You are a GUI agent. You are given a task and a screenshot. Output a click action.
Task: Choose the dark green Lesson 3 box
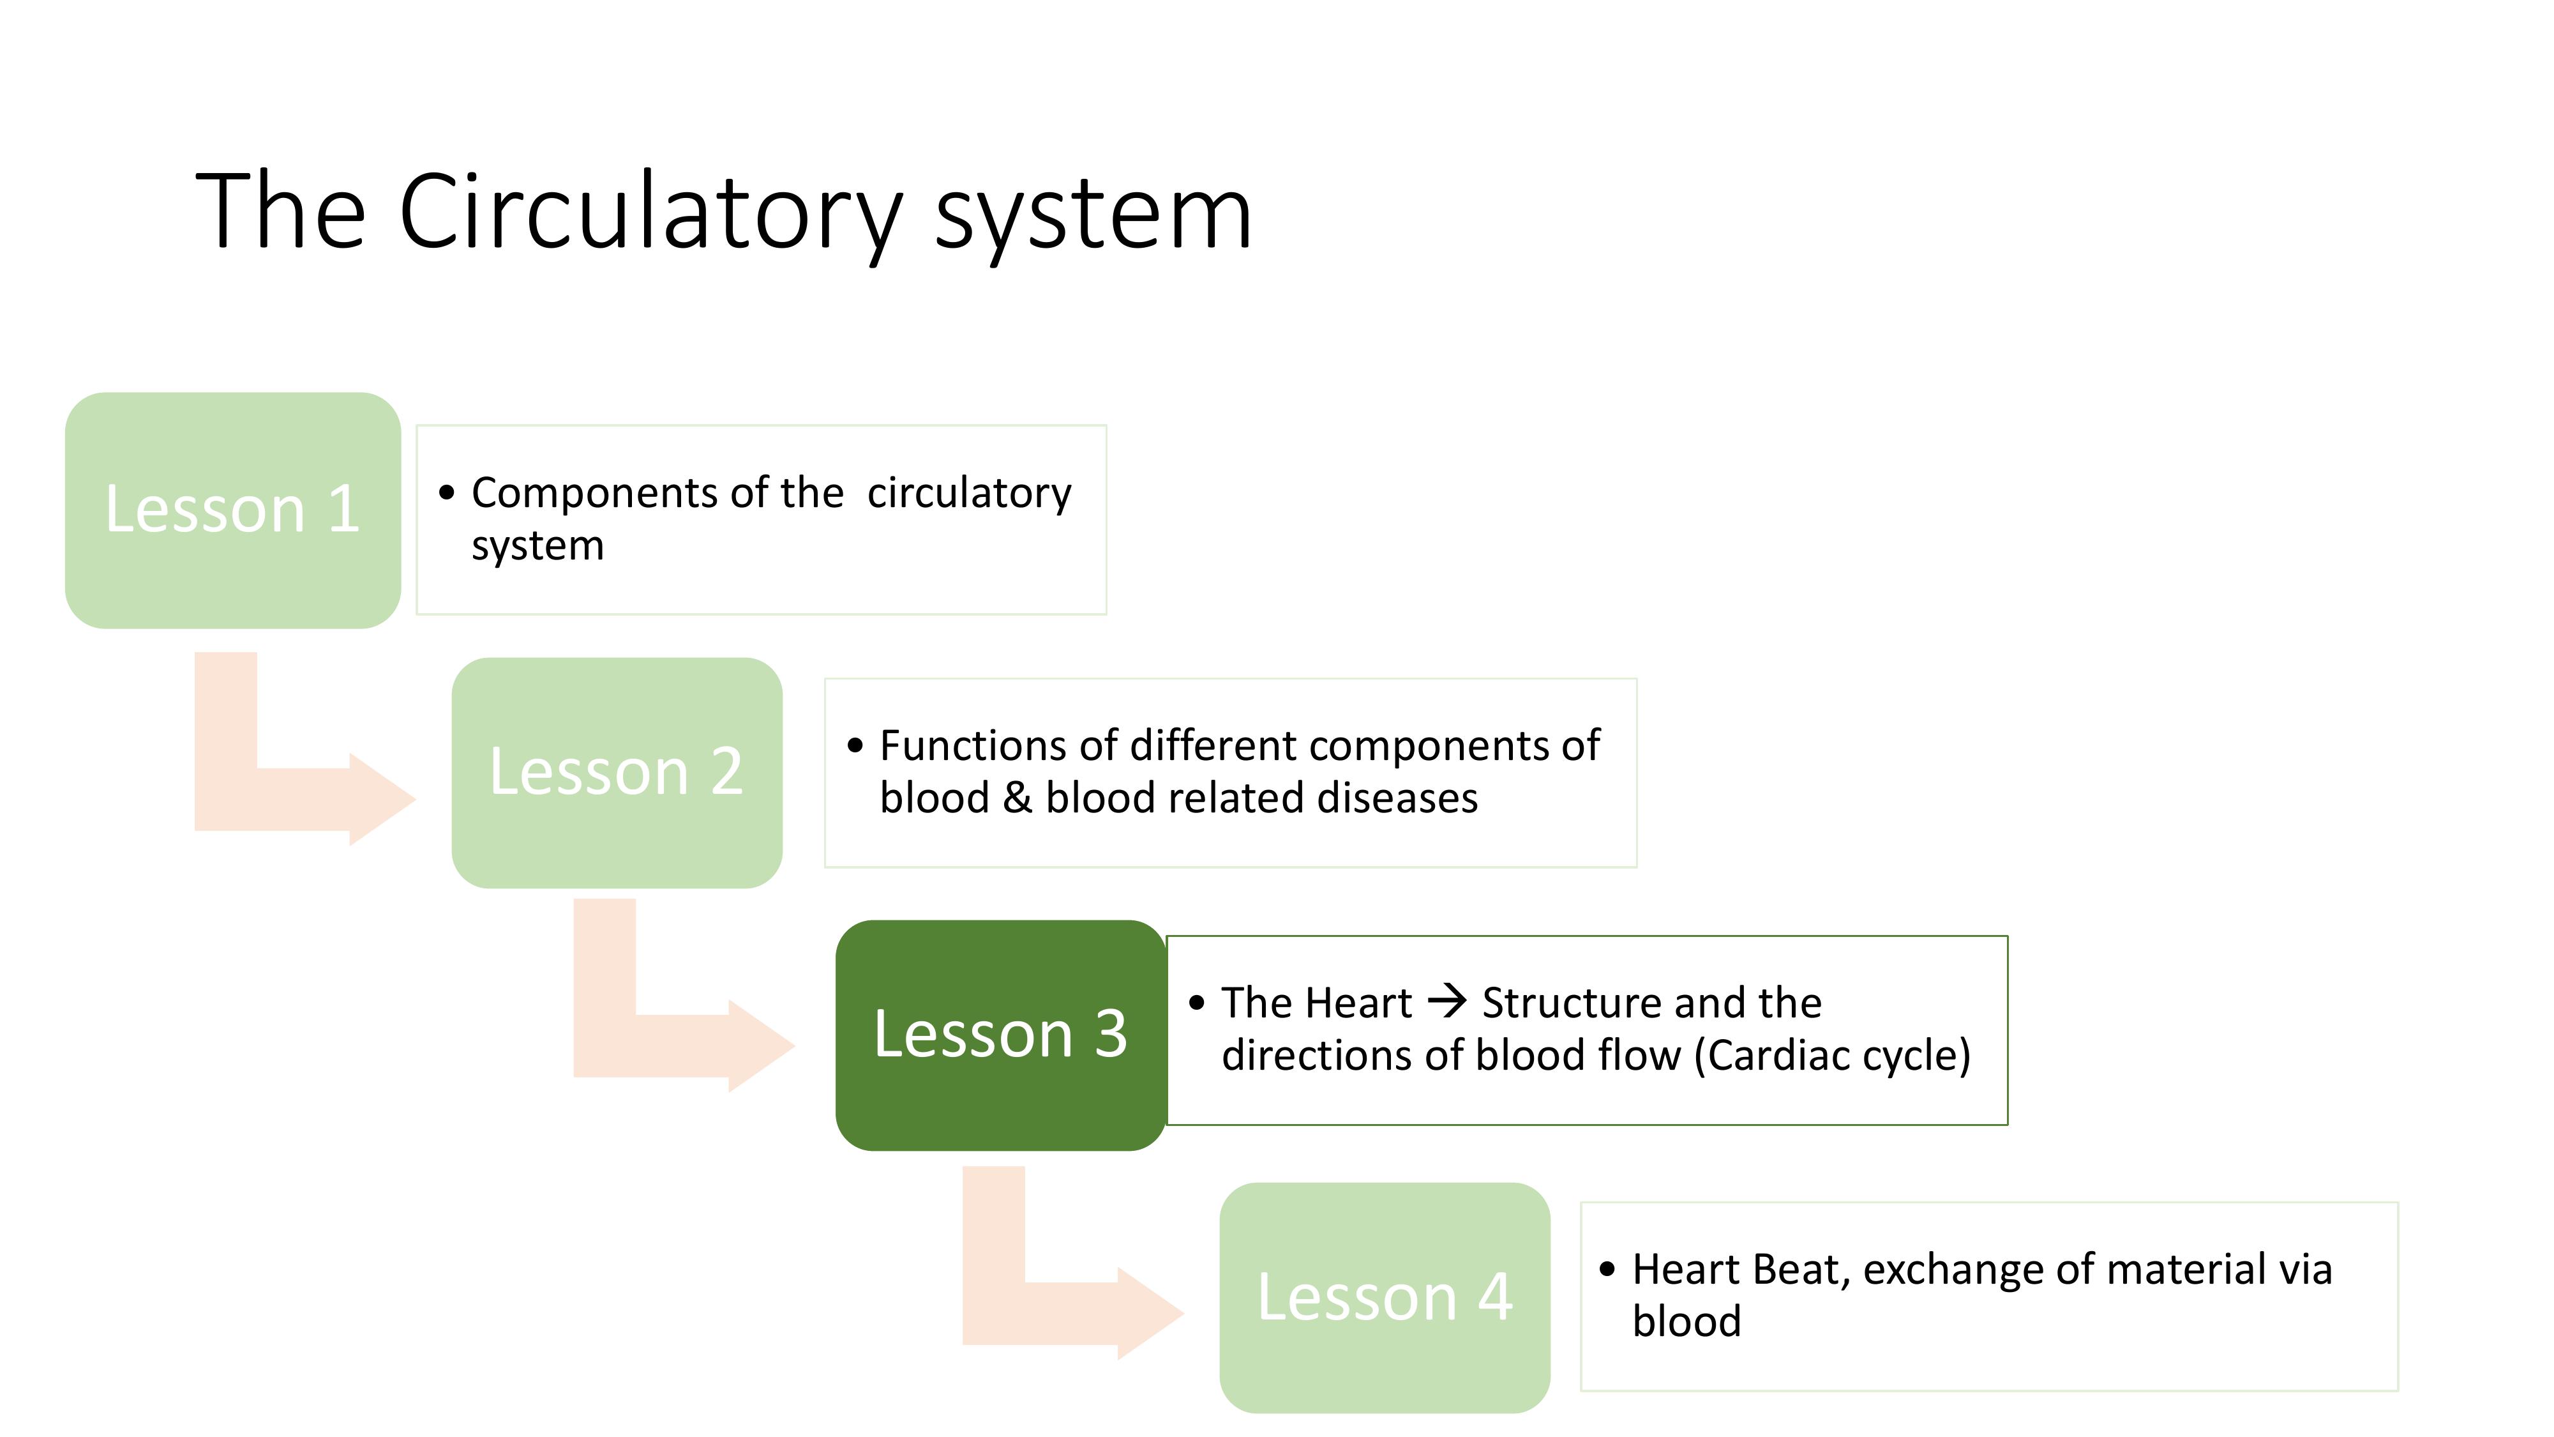coord(1000,1035)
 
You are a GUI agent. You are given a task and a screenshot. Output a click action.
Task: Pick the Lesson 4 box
coord(1384,1296)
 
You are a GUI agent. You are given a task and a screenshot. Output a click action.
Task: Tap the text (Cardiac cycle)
coord(1832,1055)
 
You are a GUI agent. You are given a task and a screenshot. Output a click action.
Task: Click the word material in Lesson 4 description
coord(2187,1270)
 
